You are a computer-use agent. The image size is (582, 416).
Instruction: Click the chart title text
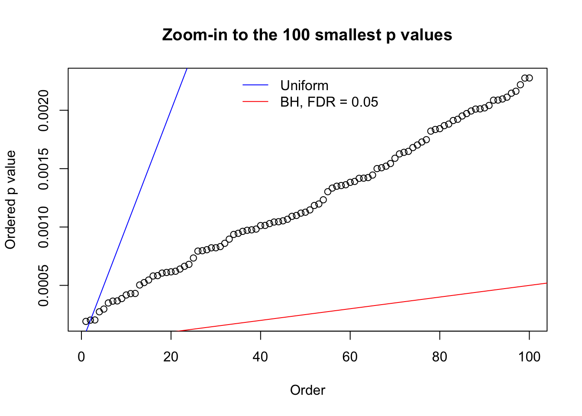(307, 35)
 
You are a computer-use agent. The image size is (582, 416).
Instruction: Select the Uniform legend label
(304, 85)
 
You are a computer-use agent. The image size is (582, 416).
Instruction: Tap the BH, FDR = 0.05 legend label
(329, 102)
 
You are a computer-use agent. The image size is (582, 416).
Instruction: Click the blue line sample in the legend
(255, 85)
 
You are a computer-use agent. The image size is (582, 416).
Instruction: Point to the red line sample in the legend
(255, 102)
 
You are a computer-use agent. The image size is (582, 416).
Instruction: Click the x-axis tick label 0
(81, 357)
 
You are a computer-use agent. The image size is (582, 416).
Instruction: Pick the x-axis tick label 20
(171, 357)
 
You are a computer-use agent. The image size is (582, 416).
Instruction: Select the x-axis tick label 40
(261, 357)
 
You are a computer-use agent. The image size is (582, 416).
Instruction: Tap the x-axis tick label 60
(350, 357)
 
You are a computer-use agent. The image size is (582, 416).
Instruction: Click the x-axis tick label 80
(440, 357)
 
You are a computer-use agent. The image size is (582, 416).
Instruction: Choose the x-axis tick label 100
(529, 357)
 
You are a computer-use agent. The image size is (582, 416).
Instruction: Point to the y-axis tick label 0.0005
(43, 286)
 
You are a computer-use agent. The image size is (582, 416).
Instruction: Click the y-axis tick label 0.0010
(43, 227)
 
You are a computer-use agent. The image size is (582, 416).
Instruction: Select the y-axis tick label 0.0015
(43, 169)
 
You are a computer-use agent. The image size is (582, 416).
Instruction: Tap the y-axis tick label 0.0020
(43, 110)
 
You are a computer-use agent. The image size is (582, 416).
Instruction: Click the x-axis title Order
(307, 390)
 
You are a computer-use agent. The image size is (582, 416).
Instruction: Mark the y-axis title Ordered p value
(10, 200)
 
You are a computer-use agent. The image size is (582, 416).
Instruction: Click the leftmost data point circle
(86, 321)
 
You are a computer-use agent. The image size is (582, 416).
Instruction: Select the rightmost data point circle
(529, 78)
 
